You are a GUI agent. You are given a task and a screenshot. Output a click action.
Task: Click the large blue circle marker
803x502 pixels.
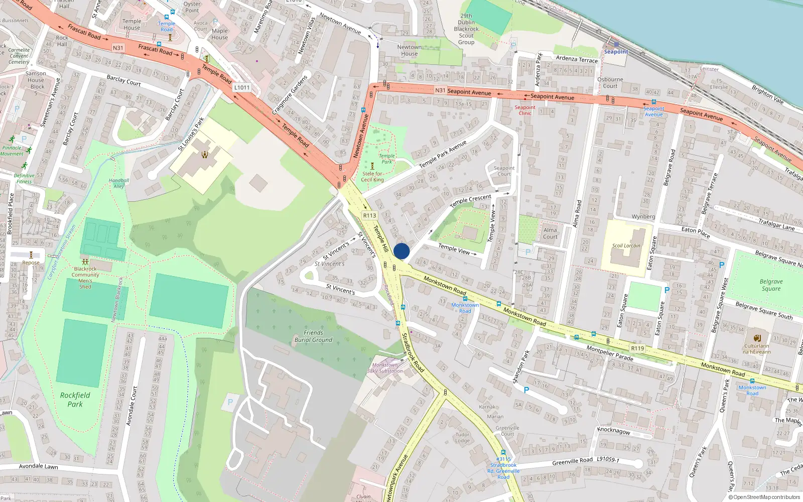click(401, 251)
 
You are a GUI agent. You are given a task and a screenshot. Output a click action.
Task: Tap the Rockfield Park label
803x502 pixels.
click(75, 400)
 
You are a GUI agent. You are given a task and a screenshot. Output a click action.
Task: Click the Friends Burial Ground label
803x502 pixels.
click(313, 336)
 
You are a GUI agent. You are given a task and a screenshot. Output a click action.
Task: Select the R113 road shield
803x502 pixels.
click(370, 215)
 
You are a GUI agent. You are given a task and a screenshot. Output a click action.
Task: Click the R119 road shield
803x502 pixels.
click(637, 348)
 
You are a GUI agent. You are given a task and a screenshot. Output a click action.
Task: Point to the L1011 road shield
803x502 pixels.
click(242, 87)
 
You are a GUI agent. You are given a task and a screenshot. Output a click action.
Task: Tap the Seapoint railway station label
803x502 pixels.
click(616, 52)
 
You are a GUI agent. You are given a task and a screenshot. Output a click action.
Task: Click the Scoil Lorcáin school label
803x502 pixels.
click(626, 245)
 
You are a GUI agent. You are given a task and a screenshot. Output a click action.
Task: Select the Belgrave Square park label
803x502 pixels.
click(771, 285)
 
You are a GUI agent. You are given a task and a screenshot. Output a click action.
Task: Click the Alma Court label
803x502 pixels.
click(550, 233)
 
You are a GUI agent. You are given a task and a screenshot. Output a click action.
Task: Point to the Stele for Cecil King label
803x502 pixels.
click(372, 177)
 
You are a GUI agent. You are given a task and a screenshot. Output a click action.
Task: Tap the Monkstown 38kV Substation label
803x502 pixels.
click(385, 368)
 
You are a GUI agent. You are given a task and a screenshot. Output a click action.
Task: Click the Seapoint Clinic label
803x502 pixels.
click(525, 110)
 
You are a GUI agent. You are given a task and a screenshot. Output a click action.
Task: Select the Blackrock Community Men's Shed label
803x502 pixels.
click(85, 278)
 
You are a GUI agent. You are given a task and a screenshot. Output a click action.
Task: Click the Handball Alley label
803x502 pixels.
click(119, 183)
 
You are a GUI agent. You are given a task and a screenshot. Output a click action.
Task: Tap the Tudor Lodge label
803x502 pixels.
click(463, 438)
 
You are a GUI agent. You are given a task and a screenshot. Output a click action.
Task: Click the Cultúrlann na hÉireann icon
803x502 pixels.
click(757, 338)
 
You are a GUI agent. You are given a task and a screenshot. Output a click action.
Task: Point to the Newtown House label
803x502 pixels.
click(410, 50)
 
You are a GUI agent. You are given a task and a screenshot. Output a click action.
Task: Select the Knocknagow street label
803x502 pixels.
click(613, 431)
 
